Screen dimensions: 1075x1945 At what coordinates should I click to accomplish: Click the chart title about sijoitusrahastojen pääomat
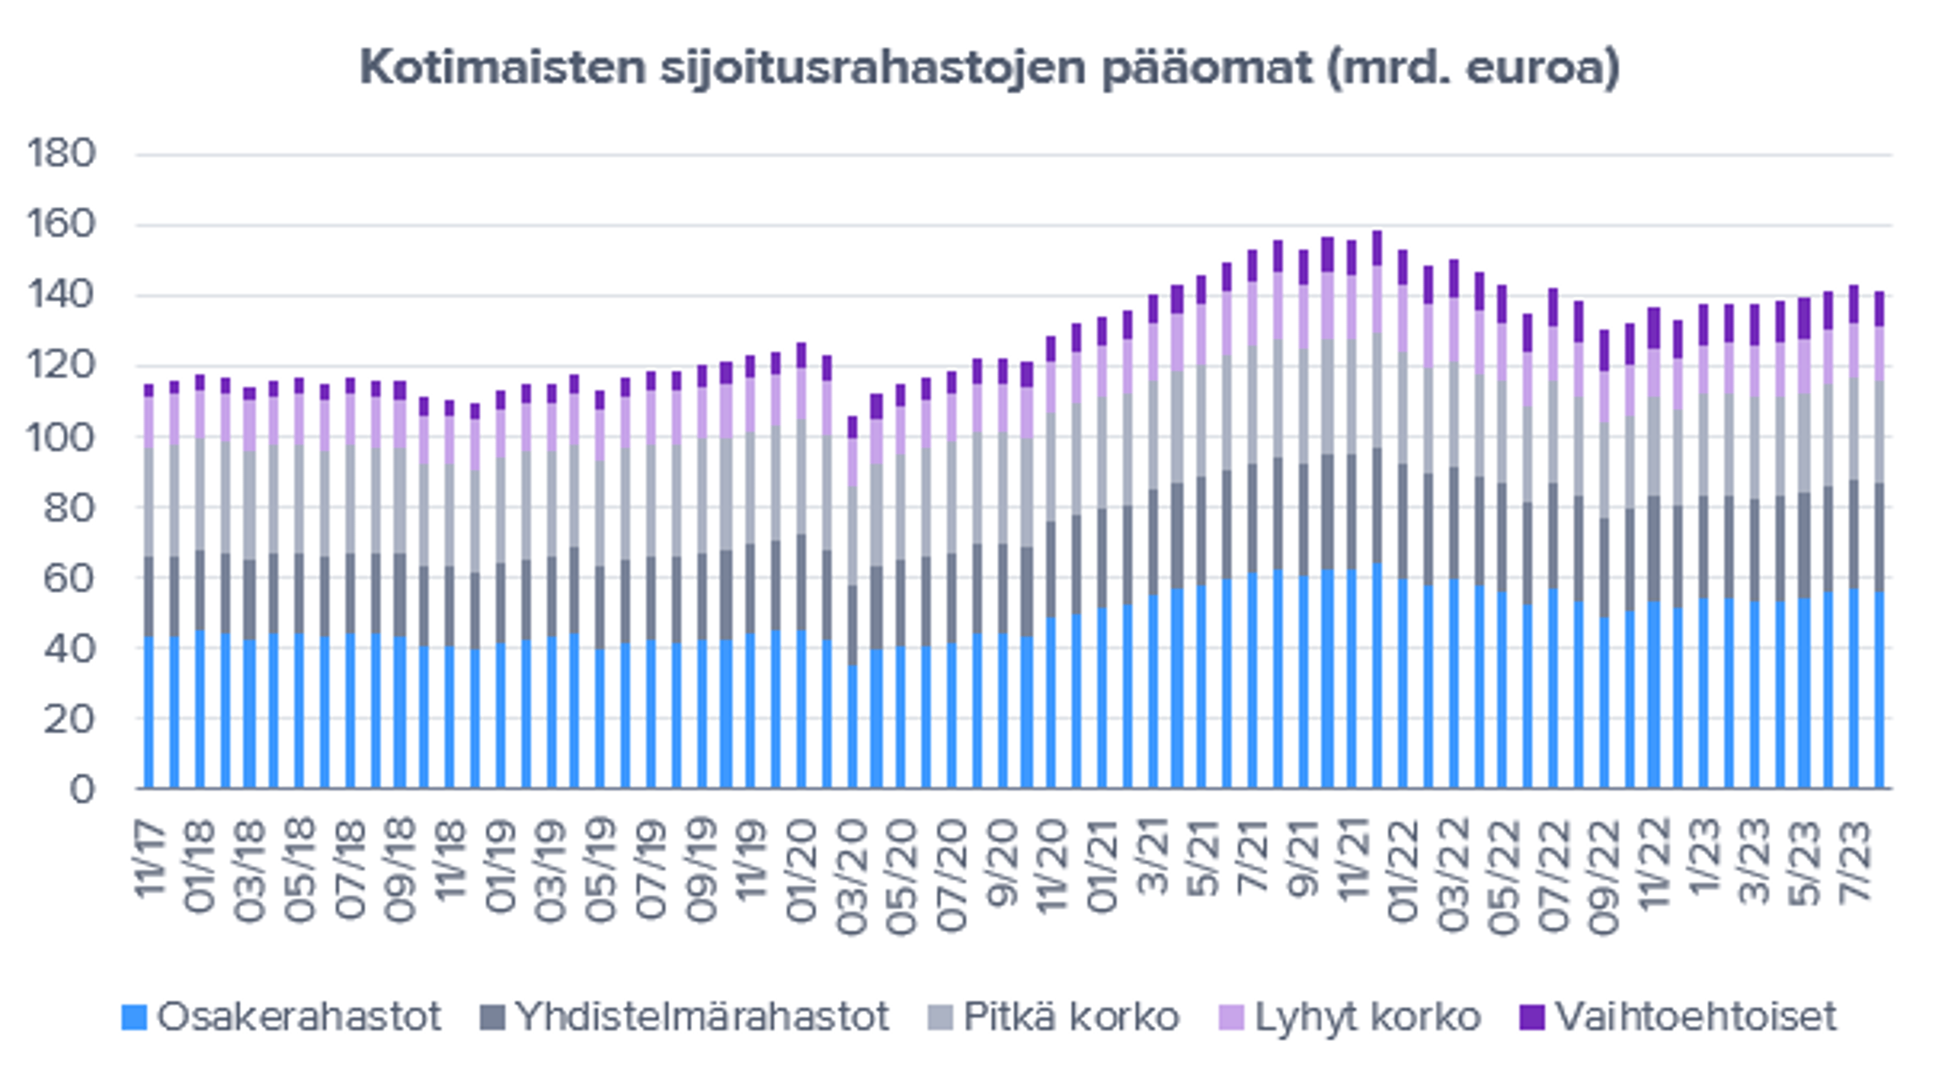point(989,68)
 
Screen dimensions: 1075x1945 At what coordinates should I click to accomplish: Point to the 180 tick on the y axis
point(62,153)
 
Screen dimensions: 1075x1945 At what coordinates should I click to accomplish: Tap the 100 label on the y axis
point(62,437)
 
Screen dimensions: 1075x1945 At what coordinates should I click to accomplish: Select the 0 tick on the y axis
point(83,789)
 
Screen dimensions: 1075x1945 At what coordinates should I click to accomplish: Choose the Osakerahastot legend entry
point(281,1016)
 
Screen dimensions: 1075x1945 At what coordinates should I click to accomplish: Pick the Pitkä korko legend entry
point(1054,1016)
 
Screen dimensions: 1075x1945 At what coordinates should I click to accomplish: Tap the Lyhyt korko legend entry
point(1350,1016)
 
